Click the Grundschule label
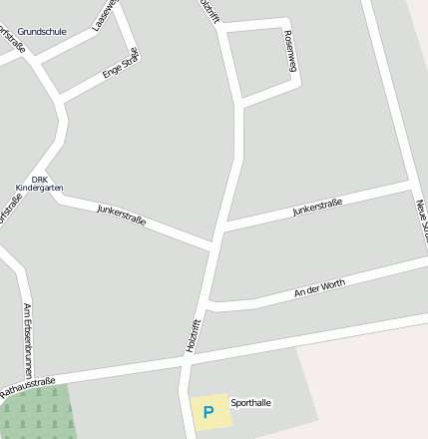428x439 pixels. click(42, 32)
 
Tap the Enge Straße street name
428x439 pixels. click(122, 64)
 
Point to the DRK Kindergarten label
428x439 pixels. click(40, 184)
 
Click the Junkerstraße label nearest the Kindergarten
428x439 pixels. click(122, 214)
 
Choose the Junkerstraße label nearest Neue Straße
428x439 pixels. click(317, 208)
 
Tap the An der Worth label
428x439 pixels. click(319, 289)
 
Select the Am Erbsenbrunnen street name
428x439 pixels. click(28, 339)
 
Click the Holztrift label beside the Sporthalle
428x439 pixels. click(194, 335)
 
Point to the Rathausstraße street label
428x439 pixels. click(27, 387)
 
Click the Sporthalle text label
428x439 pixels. click(250, 403)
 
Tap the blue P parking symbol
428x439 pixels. click(209, 411)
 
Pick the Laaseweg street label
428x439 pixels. click(105, 14)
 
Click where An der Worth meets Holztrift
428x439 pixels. click(208, 304)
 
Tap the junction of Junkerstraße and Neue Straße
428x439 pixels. click(411, 186)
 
